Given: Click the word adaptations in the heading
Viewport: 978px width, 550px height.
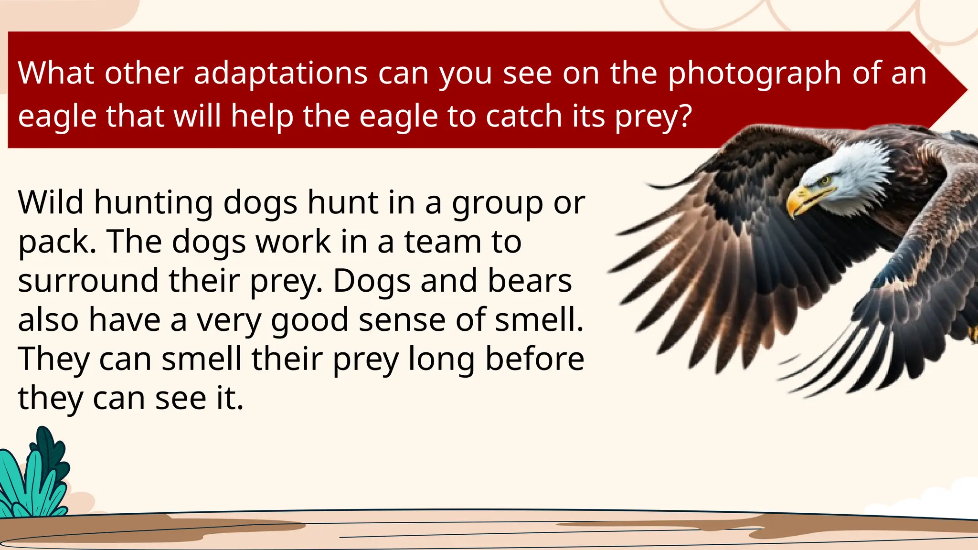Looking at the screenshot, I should pos(280,74).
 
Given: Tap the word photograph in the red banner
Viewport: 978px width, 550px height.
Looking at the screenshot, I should pos(754,74).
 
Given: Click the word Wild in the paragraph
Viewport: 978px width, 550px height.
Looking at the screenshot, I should pos(51,202).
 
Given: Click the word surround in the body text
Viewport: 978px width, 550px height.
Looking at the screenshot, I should pos(88,281).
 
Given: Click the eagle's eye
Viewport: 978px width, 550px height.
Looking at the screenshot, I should pos(825,180).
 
